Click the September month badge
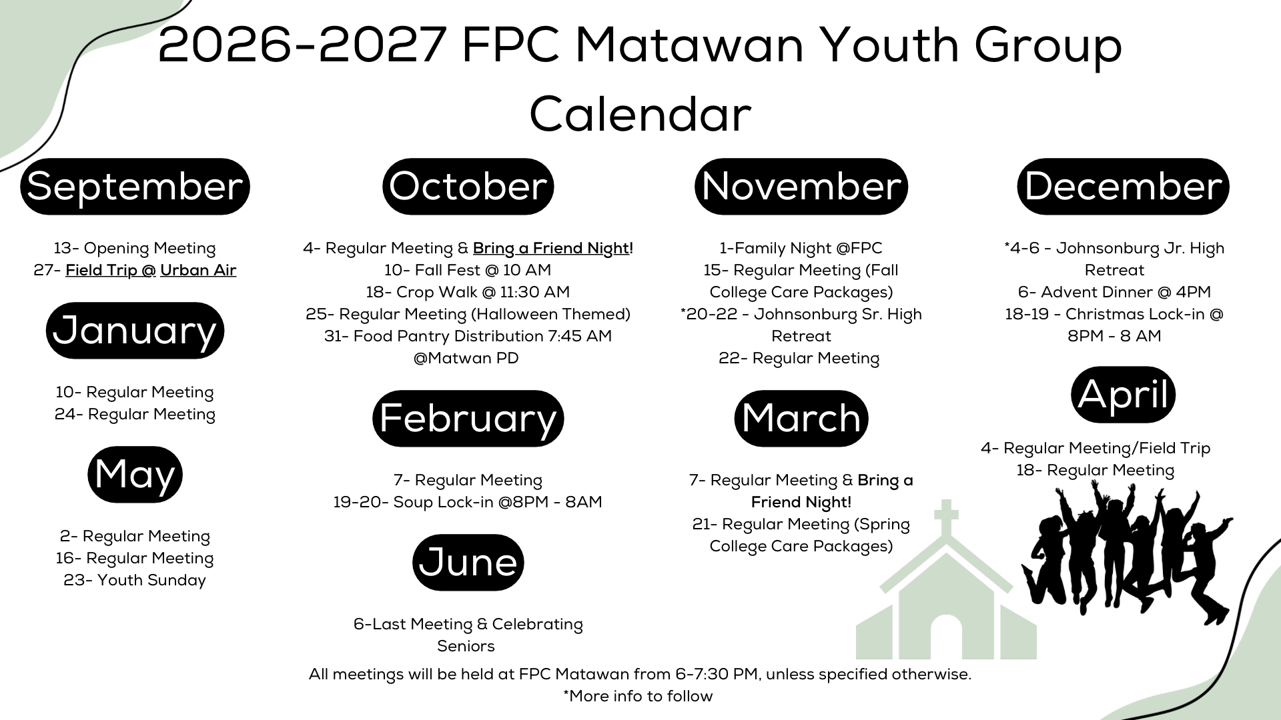pyautogui.click(x=135, y=186)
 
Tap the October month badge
pyautogui.click(x=468, y=186)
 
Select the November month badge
pyautogui.click(x=801, y=186)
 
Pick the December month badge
pyautogui.click(x=1124, y=186)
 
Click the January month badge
pyautogui.click(x=135, y=330)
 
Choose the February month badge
pyautogui.click(x=468, y=418)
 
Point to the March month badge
pyautogui.click(x=801, y=418)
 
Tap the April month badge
pyautogui.click(x=1124, y=394)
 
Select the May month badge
pyautogui.click(x=135, y=474)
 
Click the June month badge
pyautogui.click(x=468, y=562)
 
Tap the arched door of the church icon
pyautogui.click(x=946, y=637)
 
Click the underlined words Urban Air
pyautogui.click(x=198, y=270)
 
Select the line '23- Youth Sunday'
pyautogui.click(x=135, y=580)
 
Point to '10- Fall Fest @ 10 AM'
pyautogui.click(x=468, y=270)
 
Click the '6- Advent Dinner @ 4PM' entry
pyautogui.click(x=1114, y=292)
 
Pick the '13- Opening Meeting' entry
pyautogui.click(x=135, y=248)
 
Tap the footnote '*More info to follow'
pyautogui.click(x=638, y=696)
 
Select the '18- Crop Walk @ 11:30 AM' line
pyautogui.click(x=468, y=292)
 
